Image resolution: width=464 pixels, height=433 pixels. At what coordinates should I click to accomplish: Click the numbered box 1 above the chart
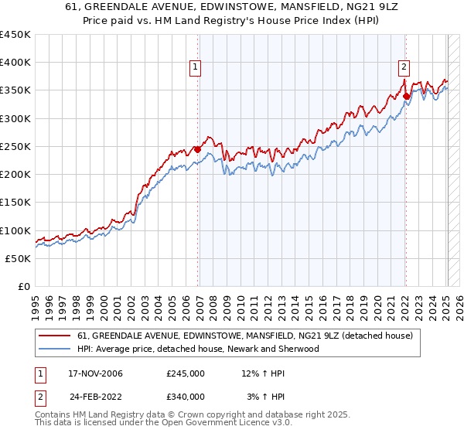(x=196, y=67)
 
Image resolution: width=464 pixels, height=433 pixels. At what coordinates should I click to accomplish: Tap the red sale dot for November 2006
(x=197, y=149)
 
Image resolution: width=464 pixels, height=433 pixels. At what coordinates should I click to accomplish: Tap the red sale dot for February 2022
(x=406, y=96)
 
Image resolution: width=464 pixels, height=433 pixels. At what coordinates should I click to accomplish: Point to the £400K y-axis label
(x=15, y=63)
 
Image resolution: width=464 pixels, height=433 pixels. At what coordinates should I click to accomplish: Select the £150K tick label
(x=15, y=203)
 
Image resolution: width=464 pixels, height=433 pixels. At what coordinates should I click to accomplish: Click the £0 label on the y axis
(x=23, y=286)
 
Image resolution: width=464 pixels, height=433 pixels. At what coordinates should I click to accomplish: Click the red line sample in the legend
(x=54, y=336)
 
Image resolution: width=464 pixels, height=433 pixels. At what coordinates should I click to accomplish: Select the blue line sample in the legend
(x=54, y=349)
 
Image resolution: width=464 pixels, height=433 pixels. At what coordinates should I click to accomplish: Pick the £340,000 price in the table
(x=186, y=396)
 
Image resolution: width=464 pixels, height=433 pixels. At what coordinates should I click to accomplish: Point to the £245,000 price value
(x=186, y=373)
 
